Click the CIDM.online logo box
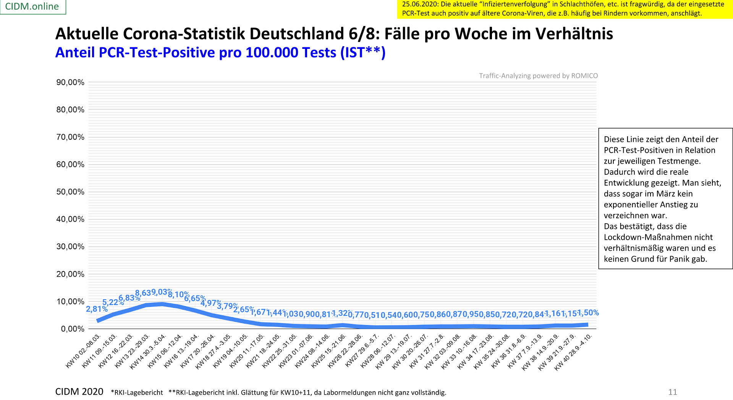pyautogui.click(x=32, y=6)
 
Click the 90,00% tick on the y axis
pyautogui.click(x=70, y=82)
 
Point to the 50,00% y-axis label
pyautogui.click(x=70, y=192)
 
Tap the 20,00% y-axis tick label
pyautogui.click(x=70, y=274)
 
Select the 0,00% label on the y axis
pyautogui.click(x=73, y=329)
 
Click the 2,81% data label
pyautogui.click(x=96, y=309)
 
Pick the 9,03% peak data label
pyautogui.click(x=162, y=292)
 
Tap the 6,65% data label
pyautogui.click(x=195, y=298)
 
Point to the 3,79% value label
pyautogui.click(x=227, y=306)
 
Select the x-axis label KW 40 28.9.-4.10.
pyautogui.click(x=573, y=352)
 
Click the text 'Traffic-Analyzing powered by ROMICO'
pyautogui.click(x=538, y=76)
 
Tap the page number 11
pyautogui.click(x=672, y=392)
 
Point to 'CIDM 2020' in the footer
pyautogui.click(x=79, y=392)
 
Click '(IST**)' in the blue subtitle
pyautogui.click(x=363, y=53)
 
